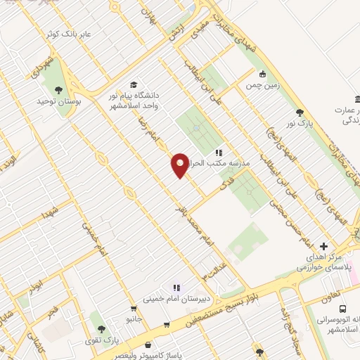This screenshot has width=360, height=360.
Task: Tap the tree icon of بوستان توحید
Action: click(58, 89)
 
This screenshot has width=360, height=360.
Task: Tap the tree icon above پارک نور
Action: click(300, 112)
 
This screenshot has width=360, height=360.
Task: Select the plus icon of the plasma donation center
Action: click(323, 246)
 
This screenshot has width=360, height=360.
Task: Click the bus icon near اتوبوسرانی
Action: click(342, 309)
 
